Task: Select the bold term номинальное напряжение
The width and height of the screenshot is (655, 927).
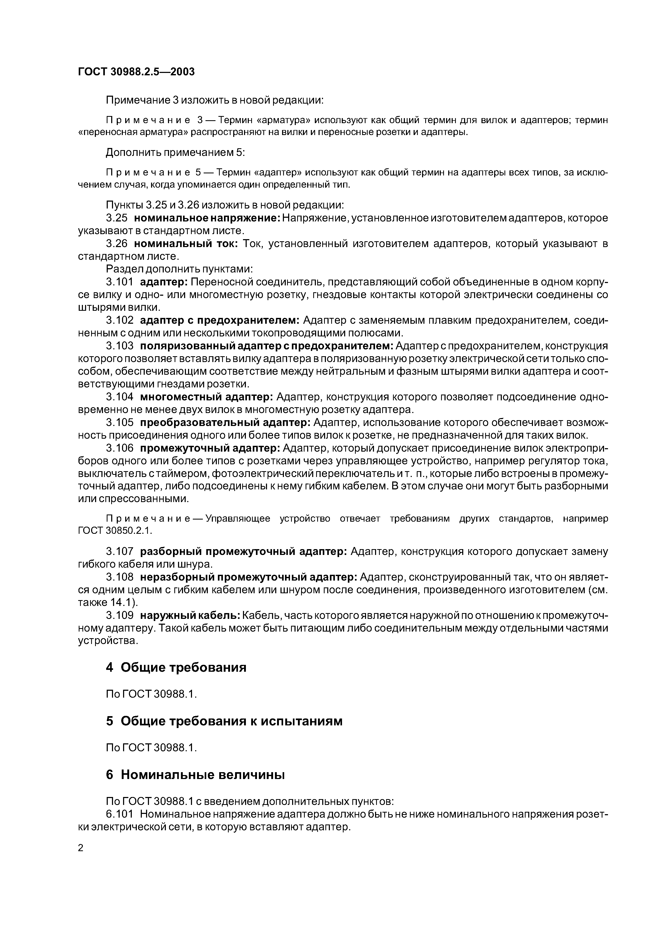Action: pos(207,218)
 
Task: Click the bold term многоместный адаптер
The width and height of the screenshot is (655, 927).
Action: pos(207,397)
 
